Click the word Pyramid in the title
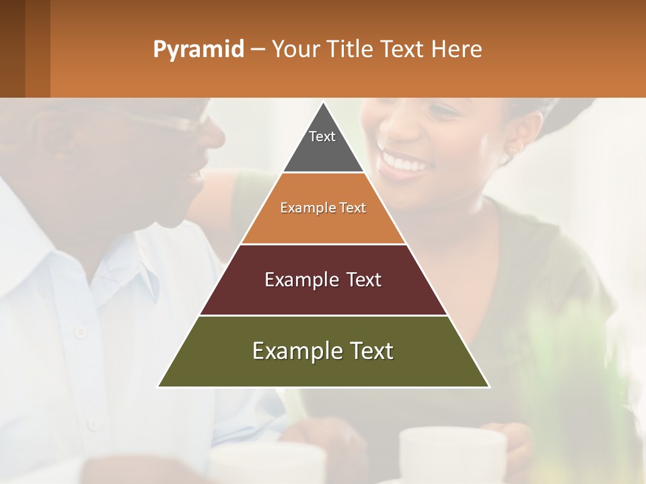tap(198, 50)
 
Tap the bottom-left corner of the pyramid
tap(159, 386)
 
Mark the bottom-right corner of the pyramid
tap(488, 386)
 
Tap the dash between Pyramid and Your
tap(257, 50)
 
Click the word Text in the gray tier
tap(322, 136)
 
